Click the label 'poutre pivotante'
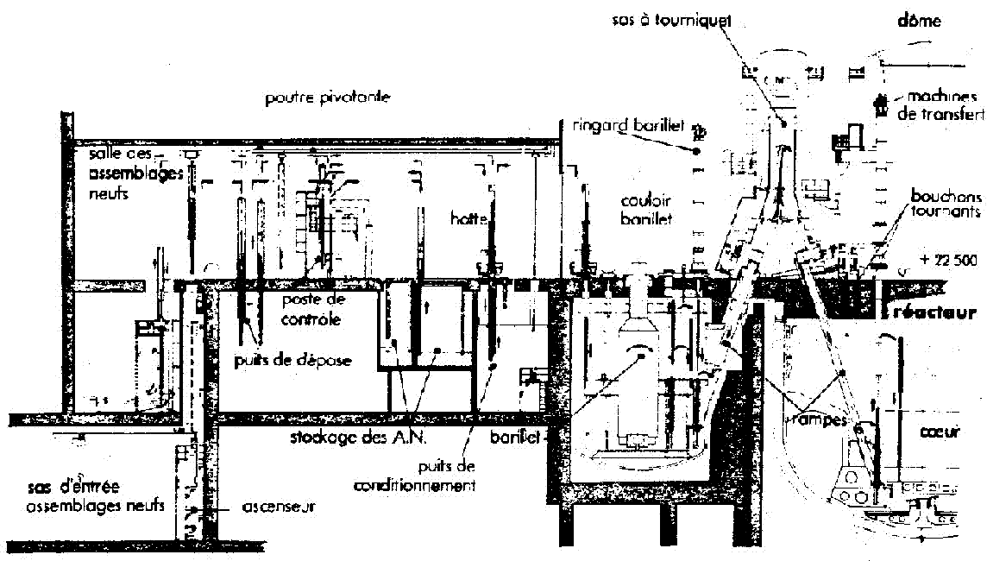point(327,98)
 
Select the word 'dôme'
point(919,20)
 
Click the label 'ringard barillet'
point(628,126)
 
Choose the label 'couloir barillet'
point(646,209)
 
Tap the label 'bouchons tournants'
point(945,203)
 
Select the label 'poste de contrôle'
point(312,309)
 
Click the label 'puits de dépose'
point(292,361)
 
